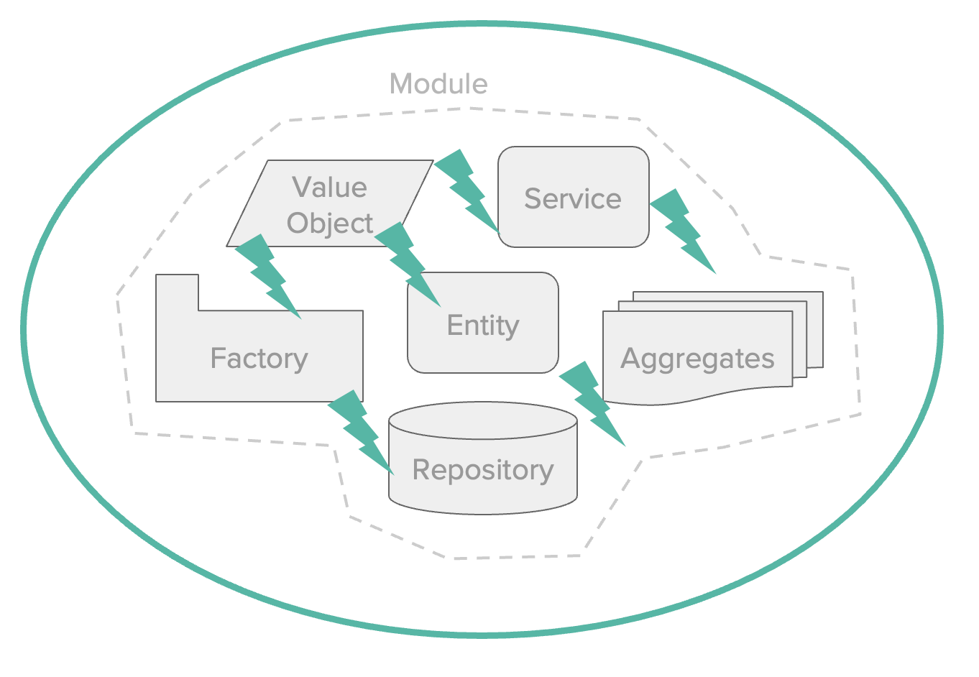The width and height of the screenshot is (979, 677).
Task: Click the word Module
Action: pyautogui.click(x=438, y=84)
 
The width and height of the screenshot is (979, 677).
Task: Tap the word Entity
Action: pyautogui.click(x=483, y=326)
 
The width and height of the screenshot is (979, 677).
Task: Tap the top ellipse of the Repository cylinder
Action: pyautogui.click(x=483, y=420)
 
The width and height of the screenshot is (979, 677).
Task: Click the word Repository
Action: pyautogui.click(x=483, y=470)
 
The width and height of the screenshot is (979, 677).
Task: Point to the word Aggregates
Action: pyautogui.click(x=697, y=358)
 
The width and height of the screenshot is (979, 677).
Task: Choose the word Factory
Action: pyautogui.click(x=259, y=358)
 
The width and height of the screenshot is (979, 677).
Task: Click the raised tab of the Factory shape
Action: pyautogui.click(x=177, y=292)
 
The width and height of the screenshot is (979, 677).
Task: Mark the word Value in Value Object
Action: pyautogui.click(x=329, y=188)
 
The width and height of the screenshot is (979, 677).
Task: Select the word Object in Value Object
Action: pyautogui.click(x=330, y=224)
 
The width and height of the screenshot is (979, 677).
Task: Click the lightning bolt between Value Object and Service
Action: pyautogui.click(x=467, y=190)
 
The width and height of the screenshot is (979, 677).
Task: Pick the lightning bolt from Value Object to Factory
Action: pyautogui.click(x=267, y=276)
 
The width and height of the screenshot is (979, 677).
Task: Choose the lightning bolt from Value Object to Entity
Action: pyautogui.click(x=408, y=263)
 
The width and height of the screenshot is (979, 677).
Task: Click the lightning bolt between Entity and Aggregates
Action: pyautogui.click(x=592, y=402)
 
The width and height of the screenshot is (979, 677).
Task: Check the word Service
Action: pyautogui.click(x=573, y=199)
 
